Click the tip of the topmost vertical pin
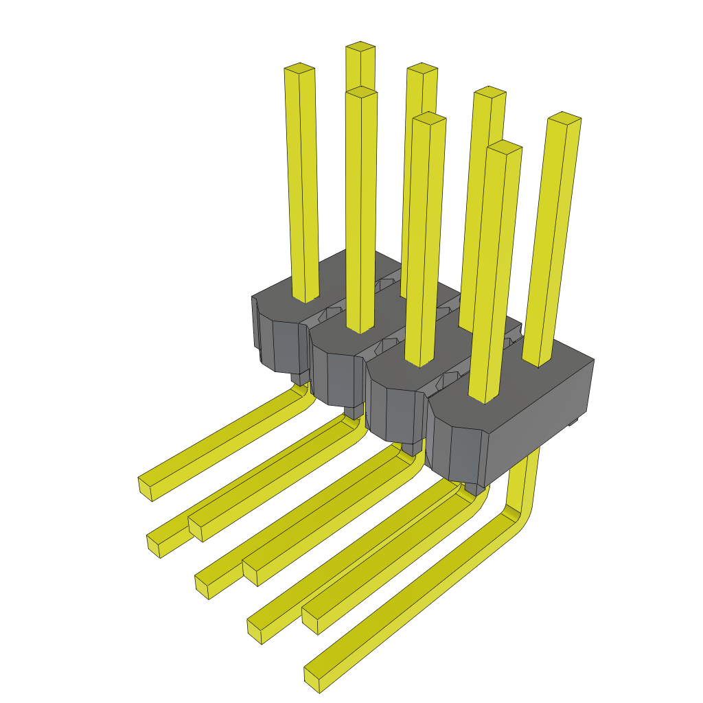point(360,47)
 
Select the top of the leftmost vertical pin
point(299,69)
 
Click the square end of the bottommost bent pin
point(313,676)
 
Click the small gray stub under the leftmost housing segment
point(300,378)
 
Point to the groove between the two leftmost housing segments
point(309,343)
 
